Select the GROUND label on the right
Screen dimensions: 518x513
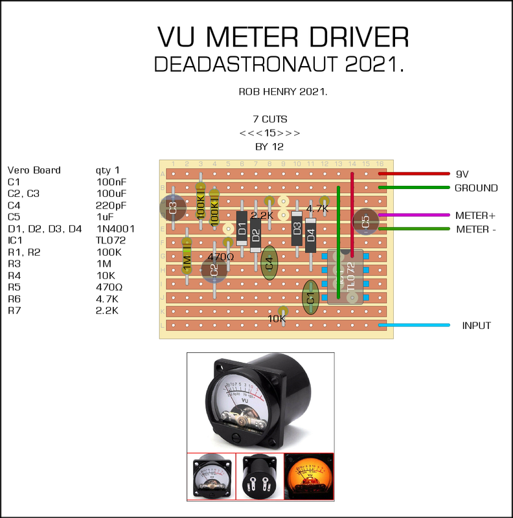[x=475, y=188]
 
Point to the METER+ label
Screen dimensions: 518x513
[x=475, y=215]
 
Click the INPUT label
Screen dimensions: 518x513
[x=475, y=326]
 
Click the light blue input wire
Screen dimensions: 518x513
[x=415, y=325]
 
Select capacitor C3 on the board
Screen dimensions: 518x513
[x=172, y=208]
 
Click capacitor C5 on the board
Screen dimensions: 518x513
[x=365, y=221]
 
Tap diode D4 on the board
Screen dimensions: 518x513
[x=311, y=236]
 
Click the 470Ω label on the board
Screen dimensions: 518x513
[x=221, y=257]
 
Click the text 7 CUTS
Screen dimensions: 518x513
[x=270, y=119]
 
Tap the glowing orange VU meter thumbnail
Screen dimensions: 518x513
[x=309, y=477]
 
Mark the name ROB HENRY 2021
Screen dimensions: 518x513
[x=283, y=92]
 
